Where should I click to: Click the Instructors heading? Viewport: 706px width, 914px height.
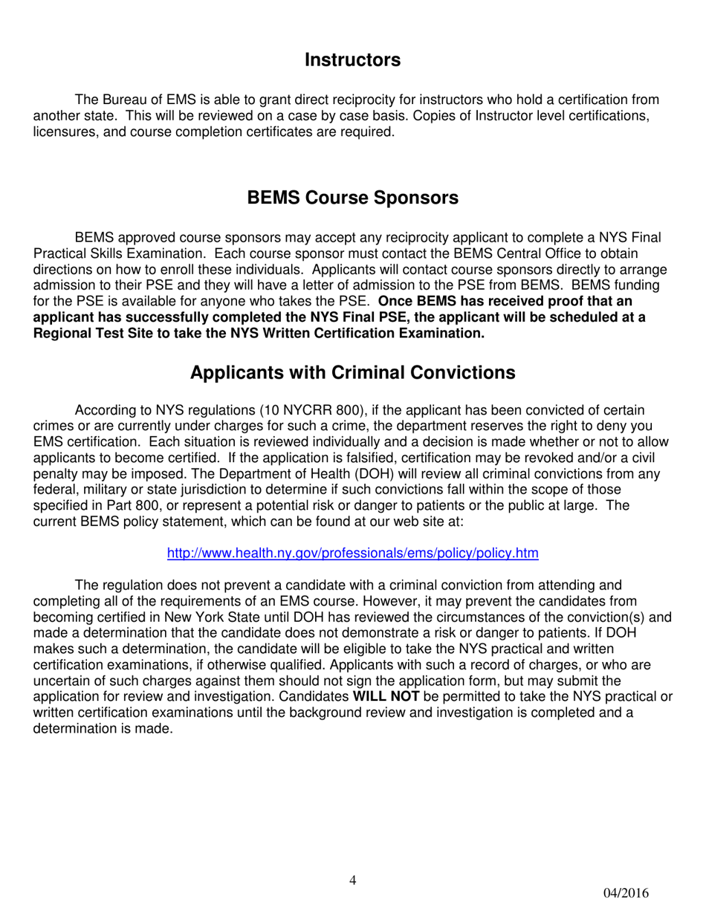point(352,60)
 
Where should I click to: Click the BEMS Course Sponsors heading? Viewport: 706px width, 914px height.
point(352,198)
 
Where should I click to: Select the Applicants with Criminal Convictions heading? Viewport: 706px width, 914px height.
point(352,372)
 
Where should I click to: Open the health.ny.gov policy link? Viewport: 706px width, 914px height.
point(352,553)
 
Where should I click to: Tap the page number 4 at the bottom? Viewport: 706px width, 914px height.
point(352,881)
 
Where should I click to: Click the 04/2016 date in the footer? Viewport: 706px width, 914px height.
point(626,892)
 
